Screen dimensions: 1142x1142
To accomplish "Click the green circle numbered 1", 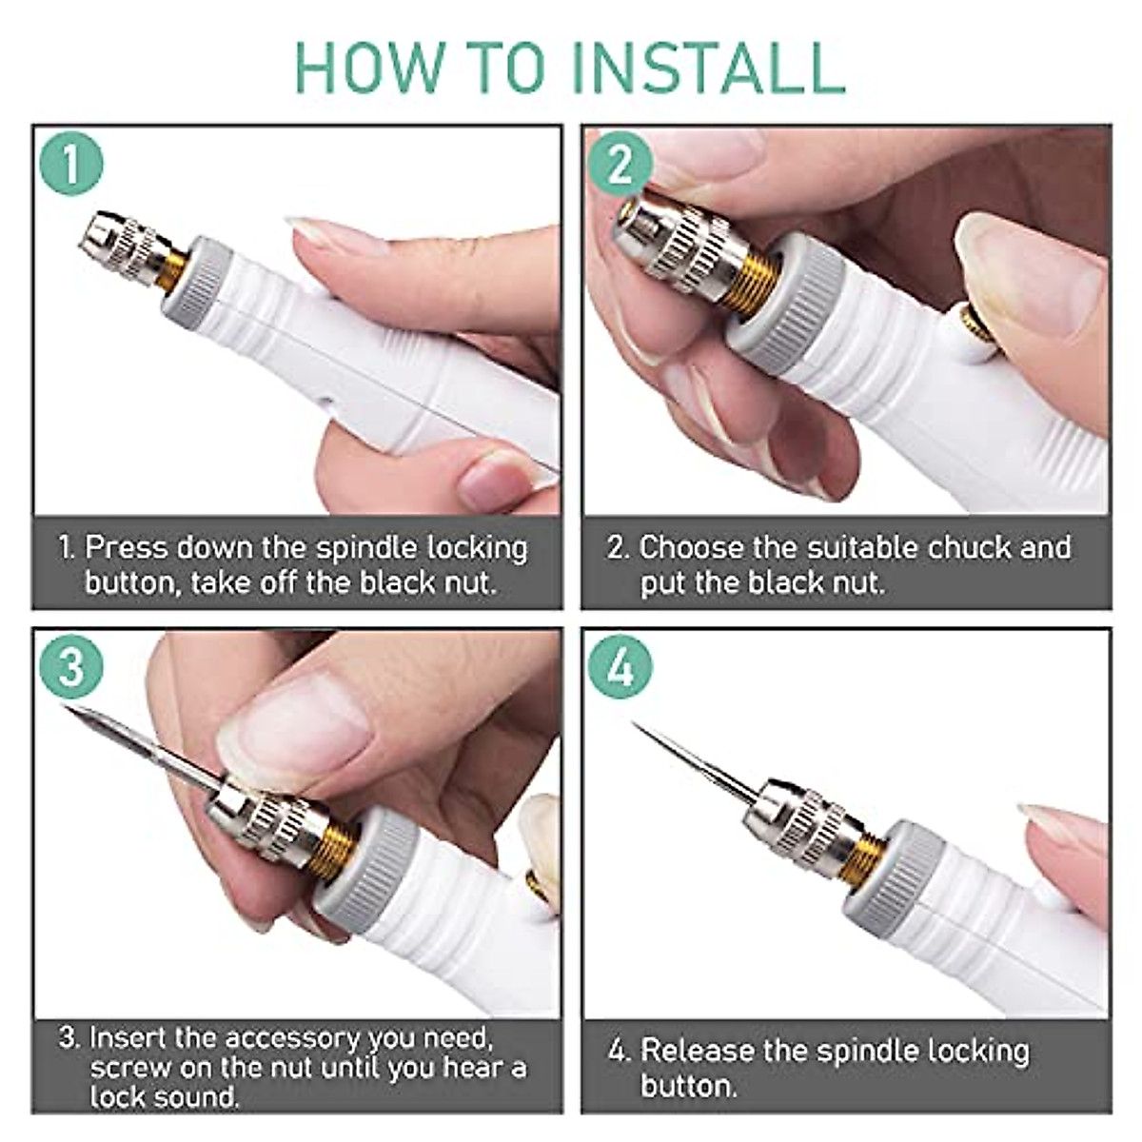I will click(x=70, y=164).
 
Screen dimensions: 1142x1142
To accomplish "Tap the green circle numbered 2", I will click(x=620, y=164).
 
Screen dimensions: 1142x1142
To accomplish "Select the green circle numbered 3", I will click(x=70, y=666).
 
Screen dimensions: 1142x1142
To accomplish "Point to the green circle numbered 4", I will click(x=620, y=666).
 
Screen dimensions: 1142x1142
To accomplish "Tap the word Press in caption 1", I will click(x=127, y=548).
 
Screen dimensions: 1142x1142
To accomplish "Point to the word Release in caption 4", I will click(x=698, y=1051).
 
